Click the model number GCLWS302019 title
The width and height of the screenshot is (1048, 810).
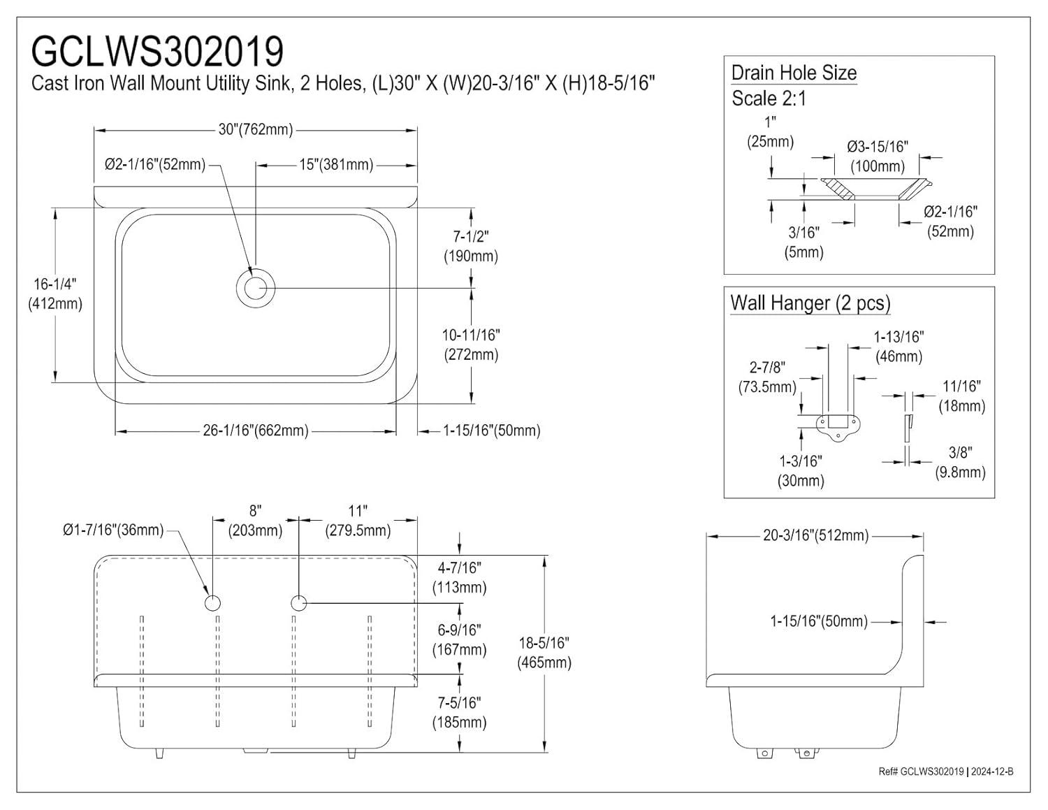(158, 50)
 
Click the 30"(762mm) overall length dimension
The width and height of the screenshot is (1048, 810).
(256, 129)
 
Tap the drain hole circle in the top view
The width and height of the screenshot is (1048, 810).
(255, 287)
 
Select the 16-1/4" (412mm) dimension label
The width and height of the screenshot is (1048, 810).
(54, 294)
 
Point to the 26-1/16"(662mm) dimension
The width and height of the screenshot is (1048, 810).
(256, 431)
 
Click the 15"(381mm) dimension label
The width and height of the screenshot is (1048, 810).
(336, 165)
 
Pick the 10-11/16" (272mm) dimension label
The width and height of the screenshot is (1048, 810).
(471, 345)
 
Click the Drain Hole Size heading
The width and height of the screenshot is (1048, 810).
(794, 73)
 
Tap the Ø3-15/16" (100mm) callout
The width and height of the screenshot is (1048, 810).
(877, 157)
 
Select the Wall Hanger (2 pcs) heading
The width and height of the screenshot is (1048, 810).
(810, 303)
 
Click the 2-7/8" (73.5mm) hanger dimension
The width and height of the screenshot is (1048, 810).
(767, 377)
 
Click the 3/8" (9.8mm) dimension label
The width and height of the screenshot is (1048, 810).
(960, 463)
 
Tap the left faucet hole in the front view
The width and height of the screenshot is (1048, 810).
(212, 602)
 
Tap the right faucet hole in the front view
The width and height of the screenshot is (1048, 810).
(298, 602)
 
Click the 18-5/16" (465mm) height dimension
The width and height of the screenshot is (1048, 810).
(544, 652)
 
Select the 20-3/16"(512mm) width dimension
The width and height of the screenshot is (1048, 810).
(815, 535)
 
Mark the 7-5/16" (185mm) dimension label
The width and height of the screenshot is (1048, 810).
(459, 712)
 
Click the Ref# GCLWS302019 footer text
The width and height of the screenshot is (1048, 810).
(945, 772)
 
